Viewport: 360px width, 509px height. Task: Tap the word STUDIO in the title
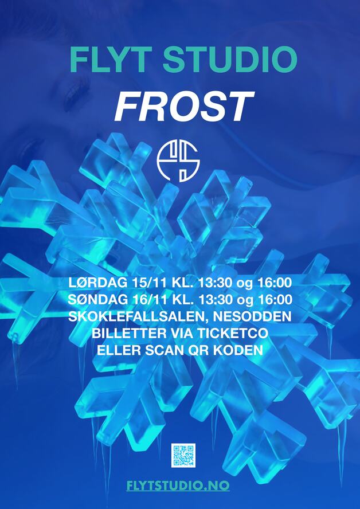230,60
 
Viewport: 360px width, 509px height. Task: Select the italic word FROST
184,106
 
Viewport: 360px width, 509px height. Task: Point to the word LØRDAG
97,283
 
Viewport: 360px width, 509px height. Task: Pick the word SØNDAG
97,299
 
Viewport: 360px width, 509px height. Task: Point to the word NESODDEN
251,316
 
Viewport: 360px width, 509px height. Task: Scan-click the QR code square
183,455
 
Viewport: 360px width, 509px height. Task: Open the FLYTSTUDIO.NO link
178,485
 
